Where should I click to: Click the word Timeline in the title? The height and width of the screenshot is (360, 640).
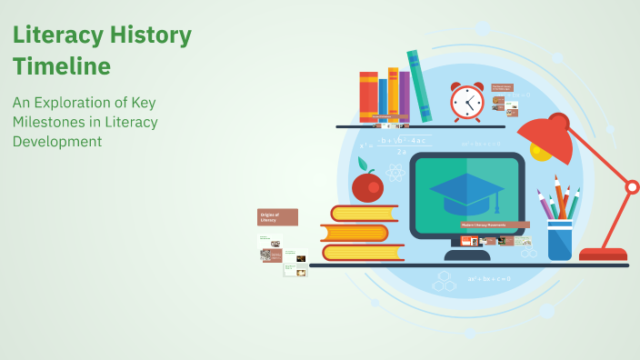click(62, 66)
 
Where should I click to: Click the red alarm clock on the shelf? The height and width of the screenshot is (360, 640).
click(467, 102)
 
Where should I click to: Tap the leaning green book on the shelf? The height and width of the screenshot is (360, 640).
click(419, 85)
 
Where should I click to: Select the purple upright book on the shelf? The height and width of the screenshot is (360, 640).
click(404, 95)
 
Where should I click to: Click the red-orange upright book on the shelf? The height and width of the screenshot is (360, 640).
click(368, 96)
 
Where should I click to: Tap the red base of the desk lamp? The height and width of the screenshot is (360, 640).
click(603, 254)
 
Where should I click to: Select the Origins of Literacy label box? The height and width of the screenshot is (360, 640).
click(278, 216)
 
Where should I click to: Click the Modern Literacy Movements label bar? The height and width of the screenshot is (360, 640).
click(495, 225)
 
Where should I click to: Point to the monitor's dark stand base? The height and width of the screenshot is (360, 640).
click(466, 255)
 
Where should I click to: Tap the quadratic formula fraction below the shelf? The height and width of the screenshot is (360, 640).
click(396, 145)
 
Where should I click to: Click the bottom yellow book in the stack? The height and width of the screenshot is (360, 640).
click(361, 253)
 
